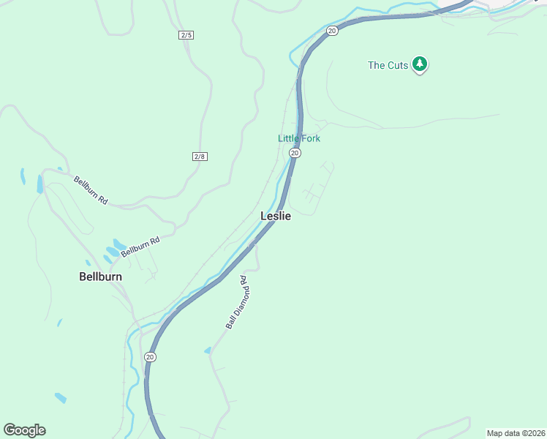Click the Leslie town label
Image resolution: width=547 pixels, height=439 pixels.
click(276, 217)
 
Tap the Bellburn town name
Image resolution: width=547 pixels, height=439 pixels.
click(100, 277)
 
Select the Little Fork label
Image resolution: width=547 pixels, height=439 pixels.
click(299, 138)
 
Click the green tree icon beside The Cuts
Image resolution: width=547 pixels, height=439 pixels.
click(419, 65)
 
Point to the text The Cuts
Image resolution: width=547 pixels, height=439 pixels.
click(387, 65)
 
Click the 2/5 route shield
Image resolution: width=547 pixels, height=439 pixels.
click(186, 35)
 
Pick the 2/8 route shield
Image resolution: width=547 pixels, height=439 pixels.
click(200, 157)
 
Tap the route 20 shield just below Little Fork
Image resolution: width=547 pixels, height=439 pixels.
click(295, 152)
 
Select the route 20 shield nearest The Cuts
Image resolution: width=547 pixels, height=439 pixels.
click(332, 31)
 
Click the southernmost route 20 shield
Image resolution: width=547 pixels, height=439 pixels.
click(150, 356)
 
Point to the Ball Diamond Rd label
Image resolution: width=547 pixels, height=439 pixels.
click(238, 301)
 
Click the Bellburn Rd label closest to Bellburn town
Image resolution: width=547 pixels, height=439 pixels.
click(140, 247)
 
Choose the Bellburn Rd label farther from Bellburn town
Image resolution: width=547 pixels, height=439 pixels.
click(91, 190)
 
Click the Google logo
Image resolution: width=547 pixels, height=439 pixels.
click(24, 430)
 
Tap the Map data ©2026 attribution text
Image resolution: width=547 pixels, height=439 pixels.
click(516, 433)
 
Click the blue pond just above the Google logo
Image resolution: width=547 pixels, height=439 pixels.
click(60, 398)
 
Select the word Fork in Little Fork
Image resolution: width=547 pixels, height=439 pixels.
click(309, 138)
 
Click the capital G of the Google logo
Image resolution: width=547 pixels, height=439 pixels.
click(10, 430)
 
